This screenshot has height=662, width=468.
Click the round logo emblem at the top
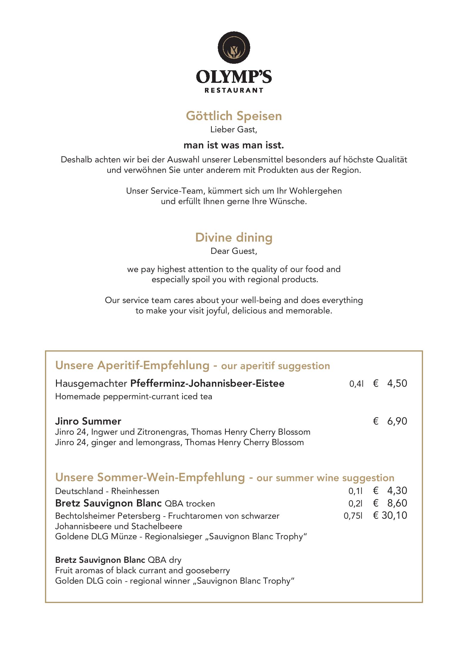(x=234, y=48)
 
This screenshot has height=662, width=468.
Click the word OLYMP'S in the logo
(x=234, y=77)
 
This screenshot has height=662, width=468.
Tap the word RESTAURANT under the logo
(x=234, y=90)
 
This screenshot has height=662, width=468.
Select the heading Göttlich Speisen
(x=234, y=116)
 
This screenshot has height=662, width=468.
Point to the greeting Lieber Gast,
(x=234, y=130)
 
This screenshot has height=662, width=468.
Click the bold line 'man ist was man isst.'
(x=234, y=145)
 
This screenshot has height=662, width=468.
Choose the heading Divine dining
(x=234, y=237)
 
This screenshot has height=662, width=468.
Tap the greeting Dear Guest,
(x=234, y=251)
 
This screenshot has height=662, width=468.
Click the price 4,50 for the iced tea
(x=397, y=383)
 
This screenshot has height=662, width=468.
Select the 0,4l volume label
(x=356, y=384)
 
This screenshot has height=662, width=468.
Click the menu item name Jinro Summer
(x=88, y=421)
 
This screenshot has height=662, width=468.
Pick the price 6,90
(x=397, y=421)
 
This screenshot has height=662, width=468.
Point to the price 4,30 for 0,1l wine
(x=397, y=490)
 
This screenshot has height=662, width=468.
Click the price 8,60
(x=397, y=503)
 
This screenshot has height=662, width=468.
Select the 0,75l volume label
(x=353, y=516)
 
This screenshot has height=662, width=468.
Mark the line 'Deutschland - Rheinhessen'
(x=107, y=491)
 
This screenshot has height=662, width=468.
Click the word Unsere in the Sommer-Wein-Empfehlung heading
(x=74, y=477)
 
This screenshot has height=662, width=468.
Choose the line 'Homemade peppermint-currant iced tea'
(x=133, y=397)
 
